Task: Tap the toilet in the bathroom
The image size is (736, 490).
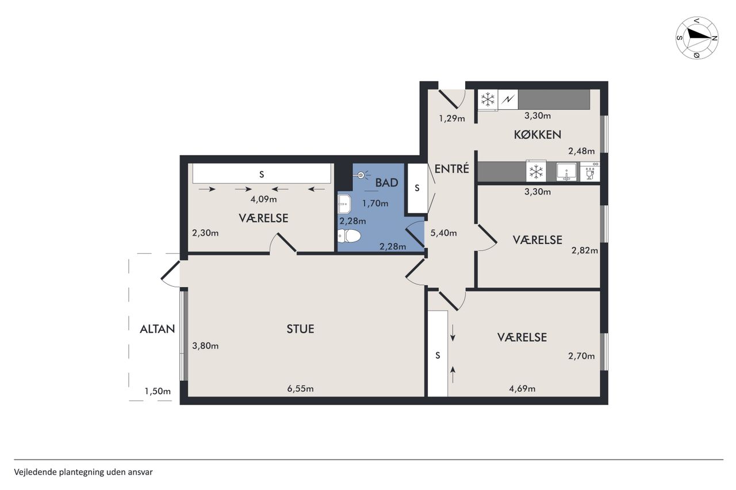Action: (349, 236)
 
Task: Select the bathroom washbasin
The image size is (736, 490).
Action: (344, 204)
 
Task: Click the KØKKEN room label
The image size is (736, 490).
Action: (537, 134)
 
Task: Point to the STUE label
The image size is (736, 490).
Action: (300, 329)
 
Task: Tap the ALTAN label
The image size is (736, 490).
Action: (158, 329)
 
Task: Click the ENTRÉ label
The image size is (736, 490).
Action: (451, 169)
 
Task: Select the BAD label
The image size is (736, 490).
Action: (387, 183)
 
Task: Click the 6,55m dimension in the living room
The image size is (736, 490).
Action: (300, 388)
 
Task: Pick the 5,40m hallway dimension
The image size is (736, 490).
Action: (443, 233)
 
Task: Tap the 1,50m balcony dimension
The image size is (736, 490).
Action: (158, 391)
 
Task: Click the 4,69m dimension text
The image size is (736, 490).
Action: (522, 388)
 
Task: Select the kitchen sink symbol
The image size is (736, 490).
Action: (566, 172)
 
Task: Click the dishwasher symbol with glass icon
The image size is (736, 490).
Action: (590, 172)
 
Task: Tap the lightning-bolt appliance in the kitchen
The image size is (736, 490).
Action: (508, 99)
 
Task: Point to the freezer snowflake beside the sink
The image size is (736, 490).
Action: (536, 171)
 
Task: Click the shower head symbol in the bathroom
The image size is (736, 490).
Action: (362, 175)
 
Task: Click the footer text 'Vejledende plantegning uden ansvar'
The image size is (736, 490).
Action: (83, 472)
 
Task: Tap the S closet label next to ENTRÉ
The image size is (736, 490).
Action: (417, 188)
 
